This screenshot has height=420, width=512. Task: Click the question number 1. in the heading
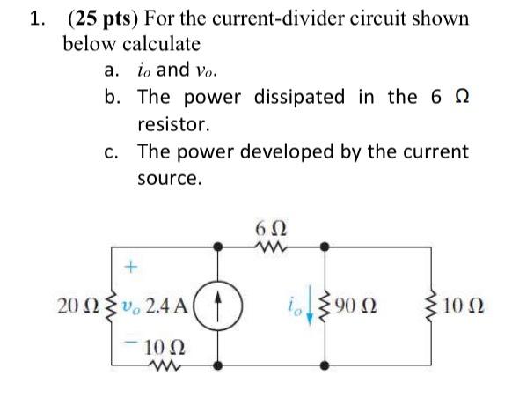pos(36,19)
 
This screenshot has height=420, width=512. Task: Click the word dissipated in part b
pos(300,97)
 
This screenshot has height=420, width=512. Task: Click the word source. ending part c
pos(170,178)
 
